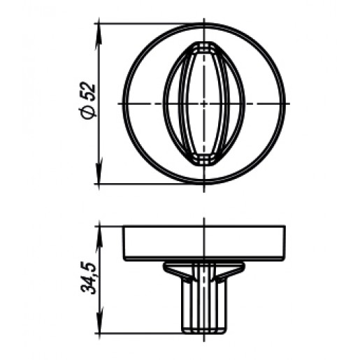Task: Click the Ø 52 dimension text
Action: [x=87, y=101]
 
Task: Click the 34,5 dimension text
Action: [x=88, y=278]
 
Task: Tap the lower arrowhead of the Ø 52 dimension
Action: [x=99, y=171]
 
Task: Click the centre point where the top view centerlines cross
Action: [x=204, y=103]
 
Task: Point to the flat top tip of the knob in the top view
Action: [x=204, y=43]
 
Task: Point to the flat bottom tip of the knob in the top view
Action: [x=204, y=165]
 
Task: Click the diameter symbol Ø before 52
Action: [x=87, y=112]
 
